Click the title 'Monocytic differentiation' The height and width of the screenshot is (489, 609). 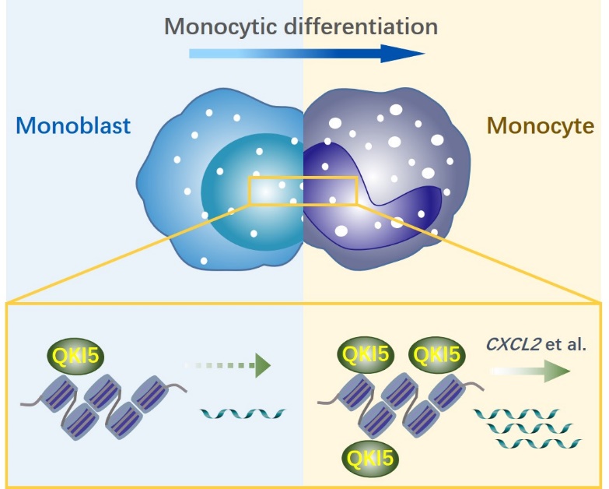click(301, 26)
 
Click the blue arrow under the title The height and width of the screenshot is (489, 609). click(306, 54)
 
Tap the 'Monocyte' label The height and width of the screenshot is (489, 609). click(540, 125)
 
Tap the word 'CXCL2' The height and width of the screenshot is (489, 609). click(509, 345)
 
